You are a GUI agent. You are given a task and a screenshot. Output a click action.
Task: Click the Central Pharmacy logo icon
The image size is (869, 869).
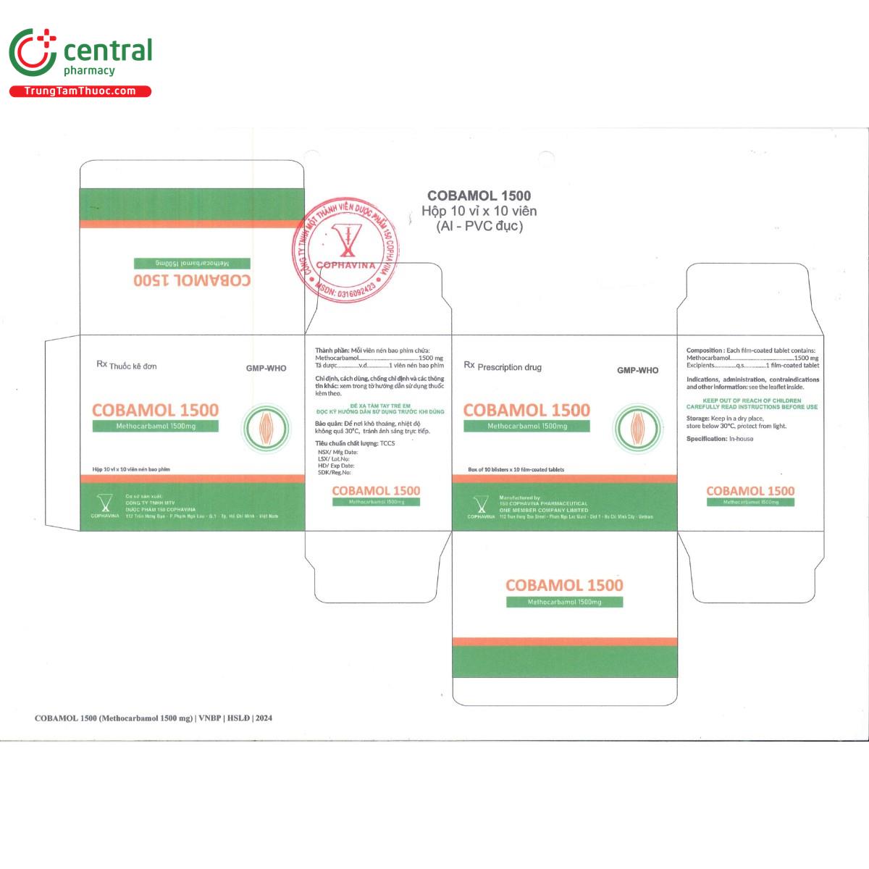pyautogui.click(x=33, y=52)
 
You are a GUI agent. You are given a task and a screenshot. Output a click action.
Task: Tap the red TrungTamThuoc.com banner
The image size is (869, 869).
pyautogui.click(x=80, y=91)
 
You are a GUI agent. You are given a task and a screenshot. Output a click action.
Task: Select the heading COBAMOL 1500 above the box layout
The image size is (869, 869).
pyautogui.click(x=479, y=196)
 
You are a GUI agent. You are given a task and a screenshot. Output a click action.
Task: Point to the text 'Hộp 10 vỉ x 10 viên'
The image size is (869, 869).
pyautogui.click(x=479, y=211)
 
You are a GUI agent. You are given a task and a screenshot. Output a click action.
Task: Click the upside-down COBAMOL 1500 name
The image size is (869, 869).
pyautogui.click(x=192, y=280)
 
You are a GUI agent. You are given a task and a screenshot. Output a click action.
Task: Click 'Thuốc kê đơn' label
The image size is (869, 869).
pyautogui.click(x=133, y=366)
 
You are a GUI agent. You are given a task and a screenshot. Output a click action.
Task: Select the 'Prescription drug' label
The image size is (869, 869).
pyautogui.click(x=509, y=367)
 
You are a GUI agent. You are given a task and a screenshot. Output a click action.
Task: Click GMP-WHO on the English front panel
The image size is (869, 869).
pyautogui.click(x=637, y=370)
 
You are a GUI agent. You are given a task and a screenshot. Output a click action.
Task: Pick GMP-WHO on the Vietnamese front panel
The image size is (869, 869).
pyautogui.click(x=266, y=369)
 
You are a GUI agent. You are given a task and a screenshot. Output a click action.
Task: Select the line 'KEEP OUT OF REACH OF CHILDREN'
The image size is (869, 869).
pyautogui.click(x=752, y=400)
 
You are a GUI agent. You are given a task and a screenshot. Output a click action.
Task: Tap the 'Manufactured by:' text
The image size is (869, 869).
pyautogui.click(x=520, y=498)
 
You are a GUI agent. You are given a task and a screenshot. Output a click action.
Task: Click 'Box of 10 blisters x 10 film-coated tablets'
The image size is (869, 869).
pyautogui.click(x=516, y=470)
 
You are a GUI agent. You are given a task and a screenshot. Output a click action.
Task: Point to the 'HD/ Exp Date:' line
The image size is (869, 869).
pyautogui.click(x=336, y=466)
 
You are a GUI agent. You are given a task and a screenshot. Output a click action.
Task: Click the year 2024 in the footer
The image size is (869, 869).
pyautogui.click(x=264, y=718)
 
